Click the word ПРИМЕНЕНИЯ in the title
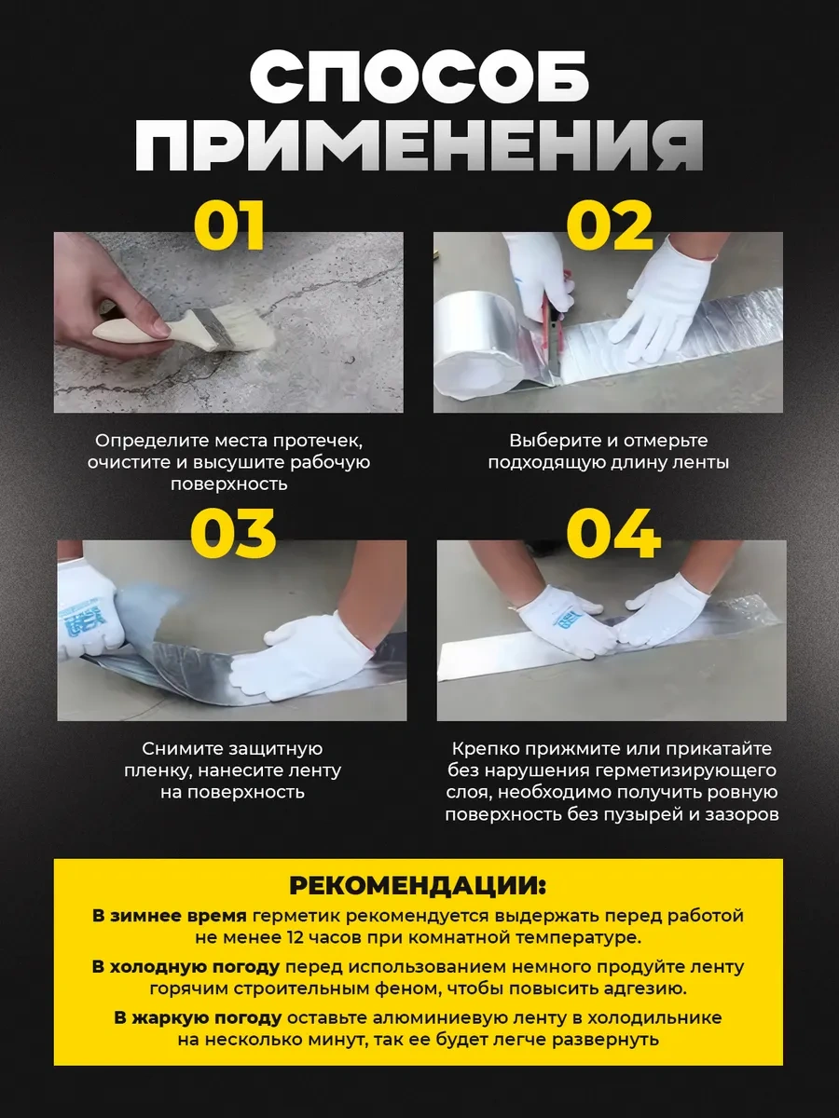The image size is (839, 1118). [x=419, y=144]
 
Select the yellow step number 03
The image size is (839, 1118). [x=233, y=533]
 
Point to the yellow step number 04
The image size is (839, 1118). [x=613, y=533]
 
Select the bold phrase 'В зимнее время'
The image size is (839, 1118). [x=169, y=916]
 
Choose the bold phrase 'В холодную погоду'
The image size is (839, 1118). [x=186, y=966]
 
